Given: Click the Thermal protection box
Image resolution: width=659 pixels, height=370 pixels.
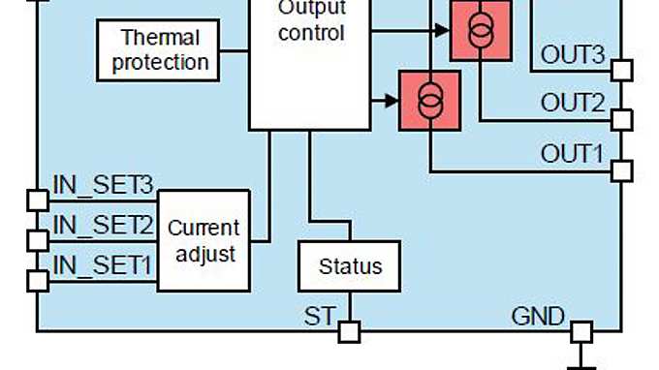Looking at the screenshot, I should click(161, 50).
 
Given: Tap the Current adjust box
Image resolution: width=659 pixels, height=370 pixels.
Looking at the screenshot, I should click(204, 241).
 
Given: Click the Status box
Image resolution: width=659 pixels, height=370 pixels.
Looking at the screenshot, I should click(350, 265).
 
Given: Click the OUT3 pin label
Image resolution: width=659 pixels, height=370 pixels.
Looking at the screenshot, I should click(572, 55).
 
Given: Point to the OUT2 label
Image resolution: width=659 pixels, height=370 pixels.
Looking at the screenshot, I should click(572, 103).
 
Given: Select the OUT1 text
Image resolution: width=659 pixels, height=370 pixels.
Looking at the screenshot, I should click(572, 154).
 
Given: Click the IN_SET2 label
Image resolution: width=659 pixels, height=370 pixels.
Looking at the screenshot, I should click(103, 226).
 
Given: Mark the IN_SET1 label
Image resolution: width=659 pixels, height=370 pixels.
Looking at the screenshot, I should click(103, 263).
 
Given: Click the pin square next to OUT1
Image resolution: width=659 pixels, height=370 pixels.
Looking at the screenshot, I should click(621, 171).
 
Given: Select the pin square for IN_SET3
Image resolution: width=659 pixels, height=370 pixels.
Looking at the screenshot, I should click(37, 200).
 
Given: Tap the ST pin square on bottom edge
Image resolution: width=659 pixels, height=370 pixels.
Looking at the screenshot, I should click(349, 332).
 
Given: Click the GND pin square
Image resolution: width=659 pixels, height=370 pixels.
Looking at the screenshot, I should click(581, 332).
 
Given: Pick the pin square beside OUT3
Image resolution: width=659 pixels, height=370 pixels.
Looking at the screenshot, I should click(621, 71).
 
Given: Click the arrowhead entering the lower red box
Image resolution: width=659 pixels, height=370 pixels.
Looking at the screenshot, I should click(392, 99).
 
